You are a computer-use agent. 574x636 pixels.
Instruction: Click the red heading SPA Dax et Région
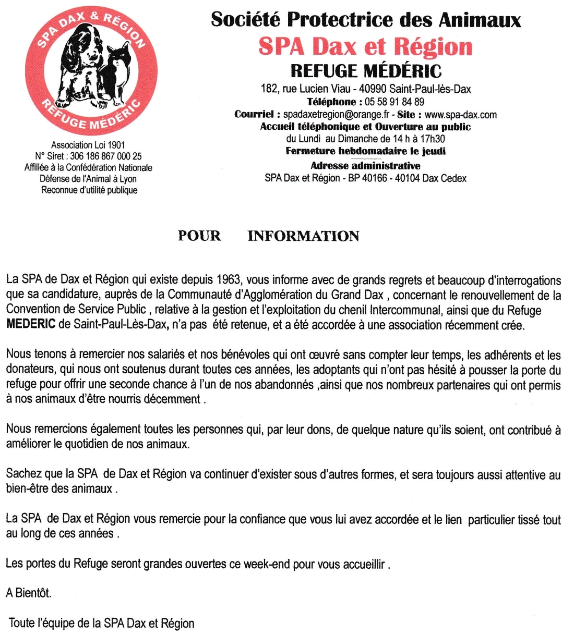(x=365, y=46)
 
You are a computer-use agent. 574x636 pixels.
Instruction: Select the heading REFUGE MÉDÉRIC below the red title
(x=366, y=71)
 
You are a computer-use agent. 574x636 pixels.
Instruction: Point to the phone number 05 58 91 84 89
(x=394, y=102)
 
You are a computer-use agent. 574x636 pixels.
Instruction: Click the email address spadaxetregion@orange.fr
(x=336, y=115)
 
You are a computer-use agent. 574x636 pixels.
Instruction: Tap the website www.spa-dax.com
(x=460, y=115)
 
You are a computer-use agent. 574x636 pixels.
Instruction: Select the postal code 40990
(x=373, y=89)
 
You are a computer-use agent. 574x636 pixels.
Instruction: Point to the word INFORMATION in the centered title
(x=303, y=236)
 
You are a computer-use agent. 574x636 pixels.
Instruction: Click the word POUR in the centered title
(x=199, y=236)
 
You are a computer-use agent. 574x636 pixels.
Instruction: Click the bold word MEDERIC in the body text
(x=31, y=324)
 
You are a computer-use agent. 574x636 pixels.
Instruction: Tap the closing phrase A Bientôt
(x=29, y=593)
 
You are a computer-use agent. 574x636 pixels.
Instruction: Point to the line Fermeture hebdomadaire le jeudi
(x=365, y=151)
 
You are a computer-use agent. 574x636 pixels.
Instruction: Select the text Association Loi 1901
(x=88, y=145)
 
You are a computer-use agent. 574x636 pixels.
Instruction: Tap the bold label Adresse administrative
(x=365, y=166)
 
